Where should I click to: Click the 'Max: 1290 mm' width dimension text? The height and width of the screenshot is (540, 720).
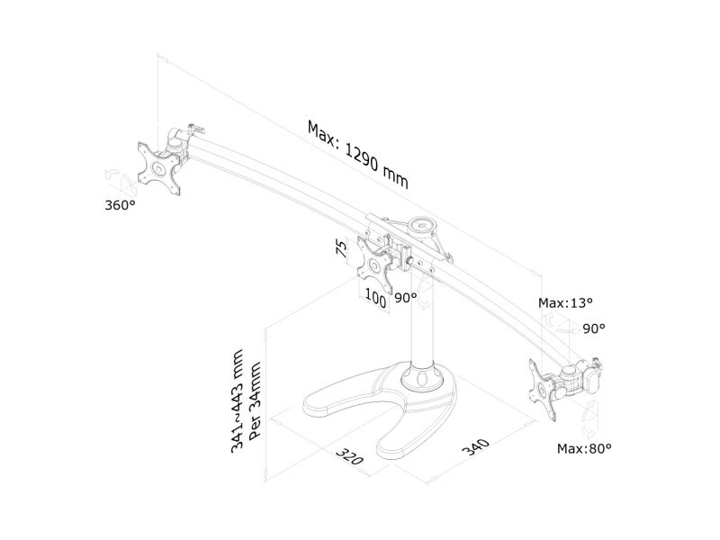(x=357, y=154)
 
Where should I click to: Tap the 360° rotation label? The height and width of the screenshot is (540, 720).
(x=120, y=205)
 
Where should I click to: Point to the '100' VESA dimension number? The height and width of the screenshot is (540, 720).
(x=376, y=297)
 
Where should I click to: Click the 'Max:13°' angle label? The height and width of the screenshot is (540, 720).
(x=565, y=302)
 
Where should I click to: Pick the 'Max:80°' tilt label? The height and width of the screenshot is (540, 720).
(x=583, y=447)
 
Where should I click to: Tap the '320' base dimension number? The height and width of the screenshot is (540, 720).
(x=350, y=454)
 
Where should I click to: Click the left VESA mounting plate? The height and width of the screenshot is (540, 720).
(x=160, y=166)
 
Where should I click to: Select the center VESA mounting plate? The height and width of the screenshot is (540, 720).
(x=377, y=262)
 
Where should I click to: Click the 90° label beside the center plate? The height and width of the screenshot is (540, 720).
(x=405, y=297)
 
